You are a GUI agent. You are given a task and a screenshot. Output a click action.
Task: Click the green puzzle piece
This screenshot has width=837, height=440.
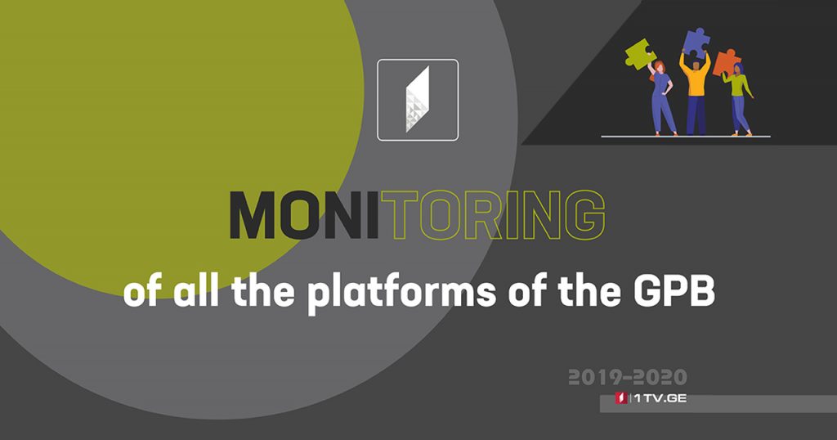point(639,55)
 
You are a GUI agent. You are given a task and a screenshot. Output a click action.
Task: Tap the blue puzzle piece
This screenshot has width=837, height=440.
point(696,43)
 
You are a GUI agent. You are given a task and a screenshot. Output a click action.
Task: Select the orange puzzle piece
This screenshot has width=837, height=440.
point(726,63)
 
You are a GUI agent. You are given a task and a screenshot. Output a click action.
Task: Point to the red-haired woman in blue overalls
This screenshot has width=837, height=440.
point(660,99)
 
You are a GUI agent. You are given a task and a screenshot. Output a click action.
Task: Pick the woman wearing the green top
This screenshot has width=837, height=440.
point(739,100)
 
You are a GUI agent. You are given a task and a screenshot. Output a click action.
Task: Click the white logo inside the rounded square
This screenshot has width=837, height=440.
point(418,99)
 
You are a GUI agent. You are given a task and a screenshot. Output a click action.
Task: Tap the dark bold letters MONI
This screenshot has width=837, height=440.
point(304,214)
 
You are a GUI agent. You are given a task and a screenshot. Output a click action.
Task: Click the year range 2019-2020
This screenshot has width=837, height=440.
point(627,378)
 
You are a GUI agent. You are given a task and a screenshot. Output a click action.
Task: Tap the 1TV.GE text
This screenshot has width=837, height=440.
point(660,398)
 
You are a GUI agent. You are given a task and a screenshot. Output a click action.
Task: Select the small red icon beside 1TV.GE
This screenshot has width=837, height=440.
point(621,398)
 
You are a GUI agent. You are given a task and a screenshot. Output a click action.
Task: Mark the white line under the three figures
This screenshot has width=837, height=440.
point(686,137)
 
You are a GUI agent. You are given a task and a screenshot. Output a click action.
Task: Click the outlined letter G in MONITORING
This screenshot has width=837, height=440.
point(585,214)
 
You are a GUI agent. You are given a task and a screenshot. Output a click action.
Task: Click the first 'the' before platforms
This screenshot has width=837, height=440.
point(263,291)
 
